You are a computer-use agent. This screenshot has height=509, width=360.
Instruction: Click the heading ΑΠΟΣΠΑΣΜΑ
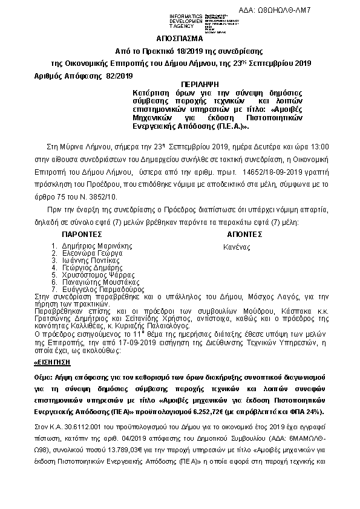[x=178, y=37]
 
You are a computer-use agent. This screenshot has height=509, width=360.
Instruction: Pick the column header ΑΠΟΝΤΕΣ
[x=244, y=235]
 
